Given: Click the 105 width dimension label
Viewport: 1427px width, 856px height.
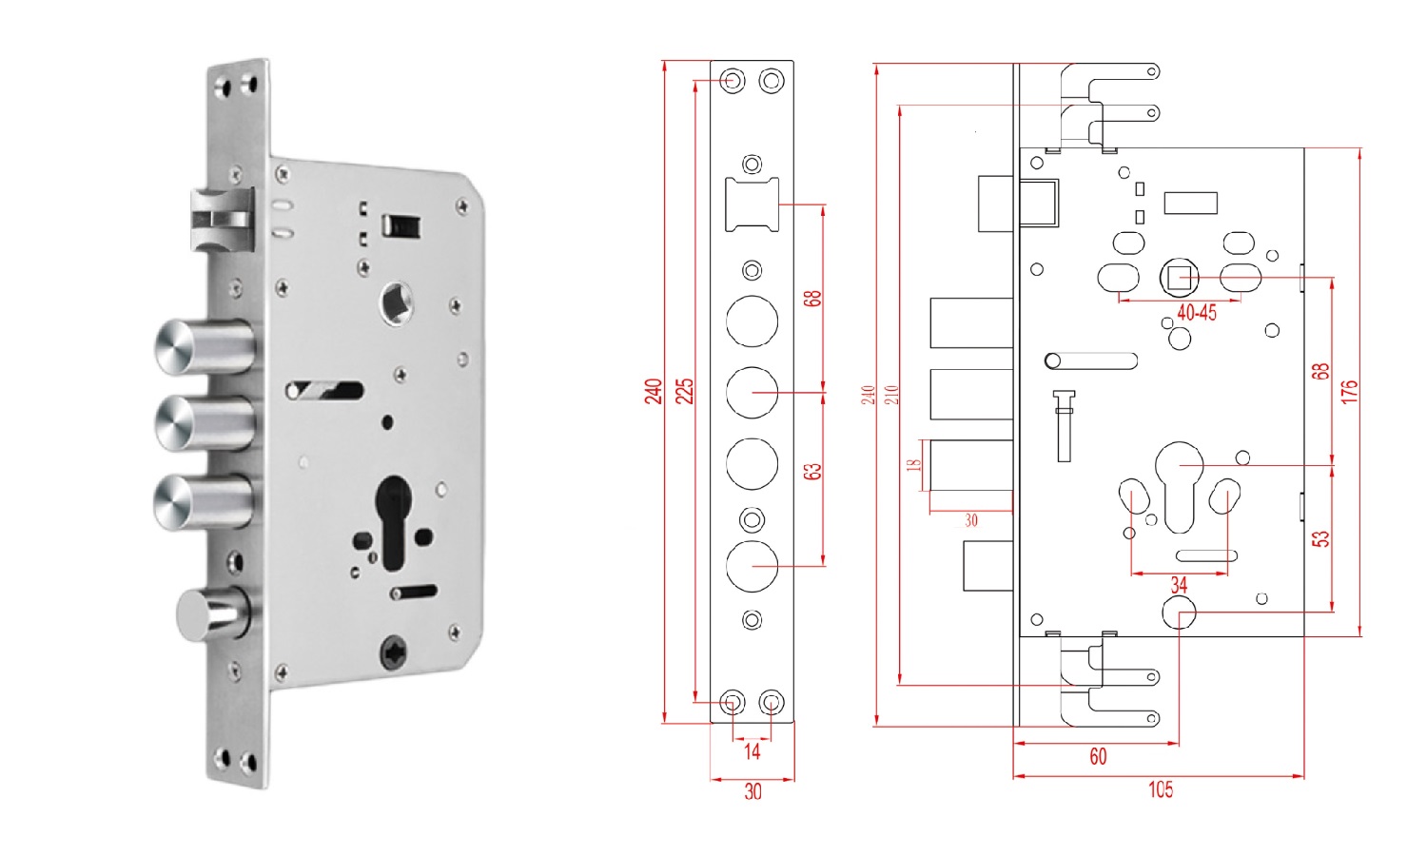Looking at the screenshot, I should [x=1161, y=789].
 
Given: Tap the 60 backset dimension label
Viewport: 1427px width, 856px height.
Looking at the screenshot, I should [x=1098, y=756].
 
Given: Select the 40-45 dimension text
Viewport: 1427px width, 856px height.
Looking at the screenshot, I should [x=1196, y=313].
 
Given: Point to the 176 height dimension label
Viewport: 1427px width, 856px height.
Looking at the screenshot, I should [x=1349, y=391].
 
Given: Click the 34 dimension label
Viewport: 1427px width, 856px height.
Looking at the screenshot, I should [x=1179, y=586].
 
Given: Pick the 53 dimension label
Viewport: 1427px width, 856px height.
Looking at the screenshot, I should [x=1320, y=538].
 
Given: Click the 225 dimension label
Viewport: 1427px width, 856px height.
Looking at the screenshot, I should [x=684, y=391].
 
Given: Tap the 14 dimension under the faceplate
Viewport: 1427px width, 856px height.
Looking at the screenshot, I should [x=752, y=751].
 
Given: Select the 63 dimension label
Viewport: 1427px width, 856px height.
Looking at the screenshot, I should [x=812, y=471].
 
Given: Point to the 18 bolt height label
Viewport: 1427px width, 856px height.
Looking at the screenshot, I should [x=914, y=465].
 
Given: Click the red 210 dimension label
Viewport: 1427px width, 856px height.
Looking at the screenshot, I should [x=891, y=394].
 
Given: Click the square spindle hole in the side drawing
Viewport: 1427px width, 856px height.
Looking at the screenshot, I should [x=1180, y=278].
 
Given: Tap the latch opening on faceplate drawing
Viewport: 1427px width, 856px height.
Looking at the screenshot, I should [x=752, y=204].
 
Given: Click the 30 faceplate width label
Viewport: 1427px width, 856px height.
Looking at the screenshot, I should [x=753, y=791].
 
